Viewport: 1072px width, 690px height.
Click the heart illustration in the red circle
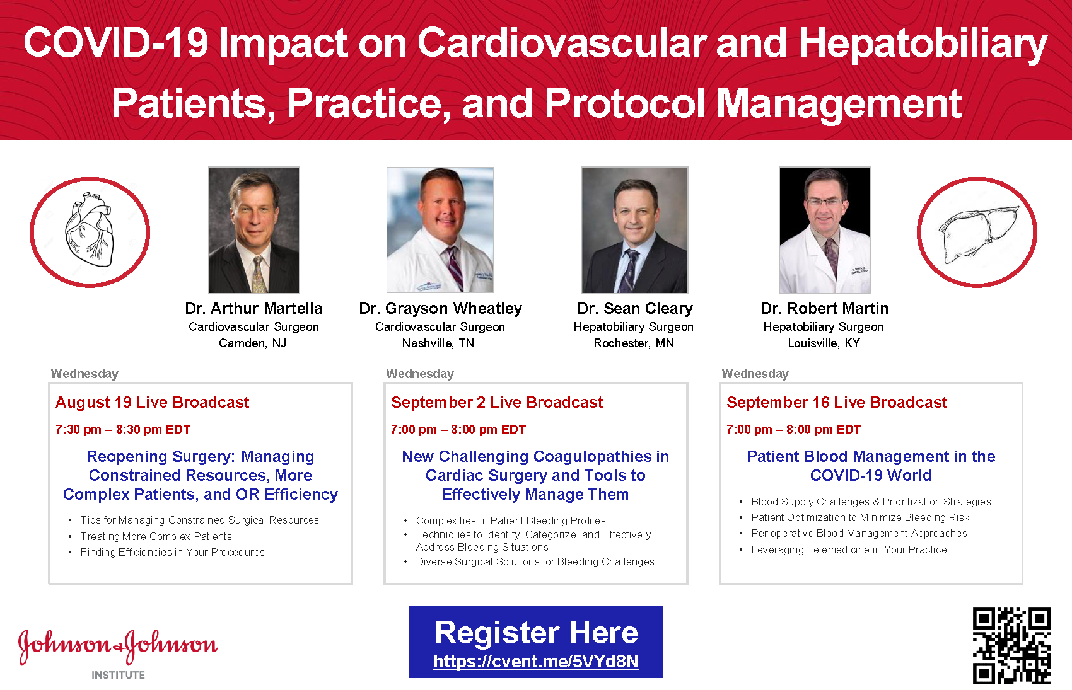90,229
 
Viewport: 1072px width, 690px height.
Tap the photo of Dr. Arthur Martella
253,230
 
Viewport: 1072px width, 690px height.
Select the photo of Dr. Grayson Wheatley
440,230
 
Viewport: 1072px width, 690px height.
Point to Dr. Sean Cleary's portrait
634,230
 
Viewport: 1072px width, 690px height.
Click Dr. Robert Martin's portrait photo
825,230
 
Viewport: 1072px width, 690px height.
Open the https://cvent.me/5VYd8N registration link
536,661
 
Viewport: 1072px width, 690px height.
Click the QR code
1011,645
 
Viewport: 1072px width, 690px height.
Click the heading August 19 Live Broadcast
152,403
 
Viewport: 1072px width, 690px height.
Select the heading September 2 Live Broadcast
497,403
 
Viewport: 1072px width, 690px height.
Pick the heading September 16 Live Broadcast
837,403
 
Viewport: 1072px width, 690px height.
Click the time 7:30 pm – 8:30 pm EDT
123,429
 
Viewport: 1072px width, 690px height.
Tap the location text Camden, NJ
252,343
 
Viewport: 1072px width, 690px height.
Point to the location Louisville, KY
824,343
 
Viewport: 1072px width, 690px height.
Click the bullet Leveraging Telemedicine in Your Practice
849,550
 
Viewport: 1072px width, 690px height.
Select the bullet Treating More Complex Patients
156,536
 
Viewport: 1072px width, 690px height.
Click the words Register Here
536,633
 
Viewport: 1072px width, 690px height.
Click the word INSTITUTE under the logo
118,675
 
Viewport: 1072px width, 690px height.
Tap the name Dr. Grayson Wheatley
440,309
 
